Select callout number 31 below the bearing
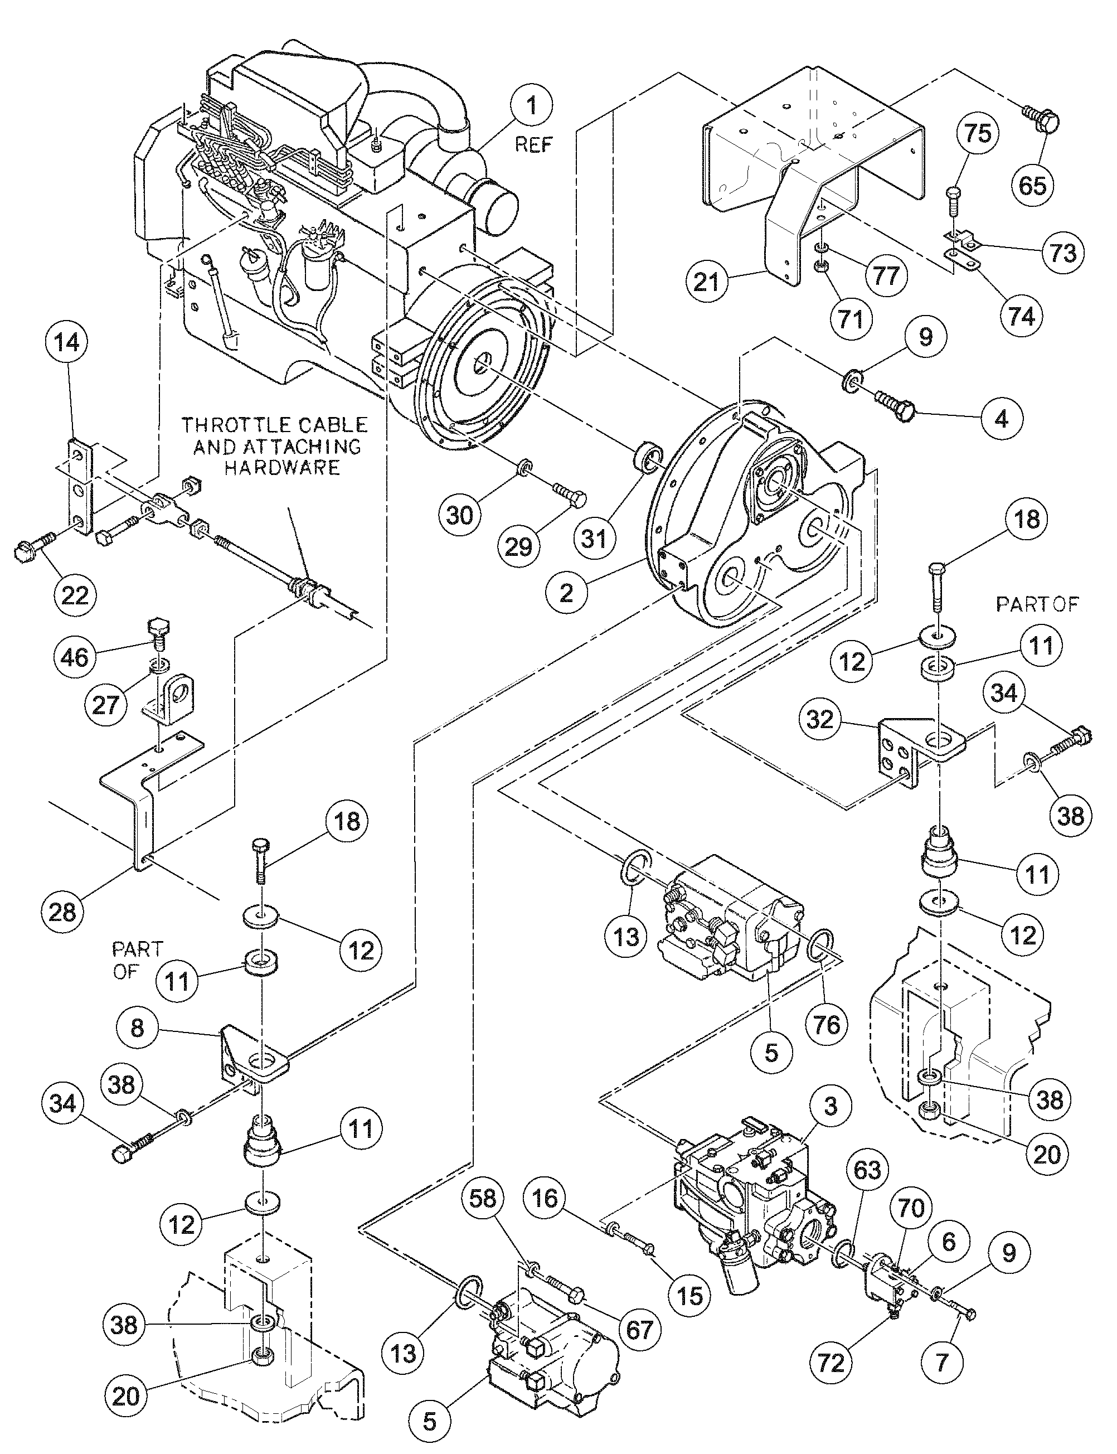pyautogui.click(x=594, y=538)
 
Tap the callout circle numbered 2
pyautogui.click(x=566, y=593)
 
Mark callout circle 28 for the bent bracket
pyautogui.click(x=62, y=911)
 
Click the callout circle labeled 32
pyautogui.click(x=820, y=719)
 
